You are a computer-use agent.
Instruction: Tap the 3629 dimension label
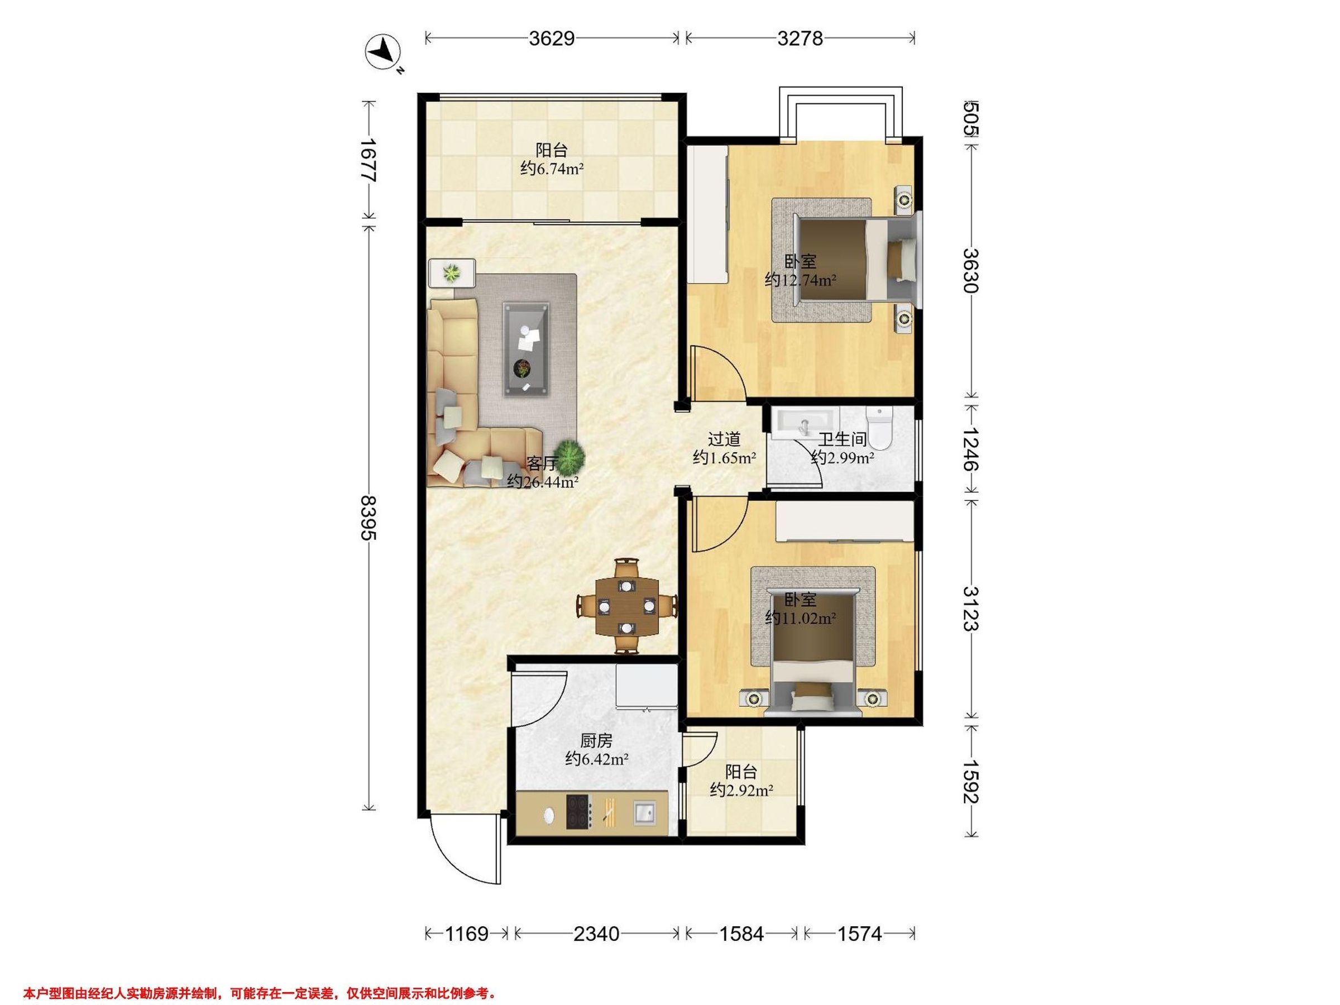coord(551,39)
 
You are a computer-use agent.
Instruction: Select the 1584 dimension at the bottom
coord(741,934)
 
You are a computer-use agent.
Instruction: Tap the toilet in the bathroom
coord(879,428)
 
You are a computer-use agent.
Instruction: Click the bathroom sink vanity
coord(805,421)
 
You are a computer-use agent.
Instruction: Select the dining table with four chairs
coord(626,606)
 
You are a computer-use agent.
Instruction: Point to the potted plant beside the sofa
coord(570,457)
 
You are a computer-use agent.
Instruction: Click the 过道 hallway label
coord(725,439)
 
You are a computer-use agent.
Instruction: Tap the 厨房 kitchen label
coord(597,740)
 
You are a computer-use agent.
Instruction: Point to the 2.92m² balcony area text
coord(741,790)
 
